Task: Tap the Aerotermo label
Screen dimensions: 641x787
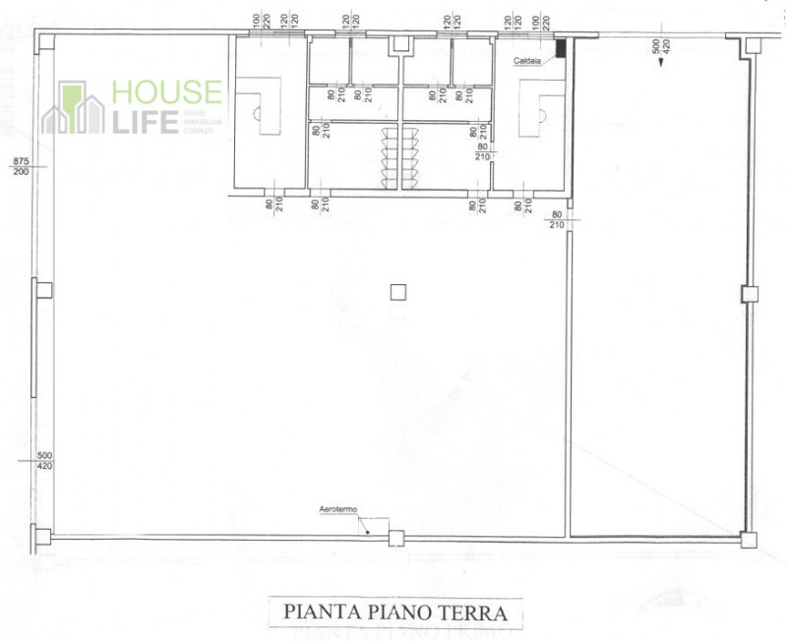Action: (337, 509)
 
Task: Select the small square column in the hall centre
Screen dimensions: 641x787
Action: (397, 291)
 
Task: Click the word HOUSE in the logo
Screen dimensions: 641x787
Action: (166, 92)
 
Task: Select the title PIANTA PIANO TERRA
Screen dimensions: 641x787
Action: (394, 612)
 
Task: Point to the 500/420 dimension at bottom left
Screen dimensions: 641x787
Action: (44, 461)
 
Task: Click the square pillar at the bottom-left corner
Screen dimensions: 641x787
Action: (40, 537)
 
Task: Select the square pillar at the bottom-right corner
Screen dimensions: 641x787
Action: (749, 538)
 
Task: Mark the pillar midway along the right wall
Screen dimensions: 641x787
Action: (749, 292)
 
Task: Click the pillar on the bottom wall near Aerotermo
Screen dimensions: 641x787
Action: (395, 538)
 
